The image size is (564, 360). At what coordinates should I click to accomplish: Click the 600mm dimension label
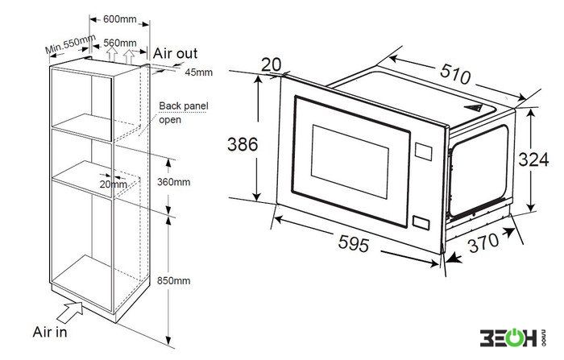click(x=120, y=19)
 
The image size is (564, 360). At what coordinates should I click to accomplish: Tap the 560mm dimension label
click(x=120, y=43)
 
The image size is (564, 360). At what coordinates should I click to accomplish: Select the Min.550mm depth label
click(x=70, y=43)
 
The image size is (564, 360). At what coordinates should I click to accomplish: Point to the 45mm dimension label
click(x=198, y=72)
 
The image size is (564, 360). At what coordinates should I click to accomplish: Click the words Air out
click(x=175, y=53)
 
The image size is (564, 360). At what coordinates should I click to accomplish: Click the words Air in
click(x=50, y=332)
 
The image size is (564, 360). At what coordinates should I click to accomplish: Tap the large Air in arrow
click(x=70, y=312)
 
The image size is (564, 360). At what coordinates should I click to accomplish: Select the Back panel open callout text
click(x=184, y=113)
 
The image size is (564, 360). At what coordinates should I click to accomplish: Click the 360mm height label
click(x=174, y=182)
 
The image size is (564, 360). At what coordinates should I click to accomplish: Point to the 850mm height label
click(x=174, y=280)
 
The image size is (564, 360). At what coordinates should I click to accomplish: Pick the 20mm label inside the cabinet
click(x=114, y=184)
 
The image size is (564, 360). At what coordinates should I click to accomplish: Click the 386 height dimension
click(x=243, y=145)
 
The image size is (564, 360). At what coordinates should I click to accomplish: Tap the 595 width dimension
click(x=354, y=243)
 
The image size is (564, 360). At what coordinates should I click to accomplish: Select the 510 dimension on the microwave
click(x=455, y=74)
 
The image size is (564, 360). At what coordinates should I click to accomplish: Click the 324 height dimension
click(x=533, y=159)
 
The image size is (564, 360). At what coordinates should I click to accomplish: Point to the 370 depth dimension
click(x=483, y=242)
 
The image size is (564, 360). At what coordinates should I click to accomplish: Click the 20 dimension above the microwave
click(x=272, y=64)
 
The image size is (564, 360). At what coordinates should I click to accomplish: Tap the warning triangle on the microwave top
click(x=474, y=107)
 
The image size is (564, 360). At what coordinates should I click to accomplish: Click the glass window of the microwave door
click(x=350, y=162)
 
